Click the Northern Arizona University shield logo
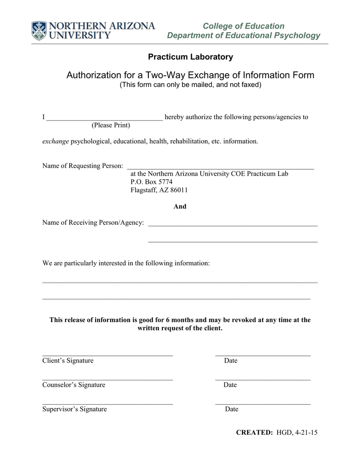click(x=39, y=30)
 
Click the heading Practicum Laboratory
click(x=190, y=57)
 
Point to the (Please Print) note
click(x=111, y=125)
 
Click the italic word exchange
click(x=56, y=142)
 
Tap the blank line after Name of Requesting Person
click(x=220, y=168)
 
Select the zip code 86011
click(x=179, y=190)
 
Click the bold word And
click(x=180, y=207)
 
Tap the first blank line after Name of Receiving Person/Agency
click(x=233, y=225)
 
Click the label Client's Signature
click(x=68, y=361)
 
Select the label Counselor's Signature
click(x=74, y=385)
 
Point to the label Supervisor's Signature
click(x=75, y=409)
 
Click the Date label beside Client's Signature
click(x=231, y=361)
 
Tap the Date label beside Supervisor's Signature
click(x=232, y=409)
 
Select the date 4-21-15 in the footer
click(x=306, y=433)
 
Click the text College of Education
click(x=243, y=26)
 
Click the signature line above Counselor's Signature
click(x=107, y=379)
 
